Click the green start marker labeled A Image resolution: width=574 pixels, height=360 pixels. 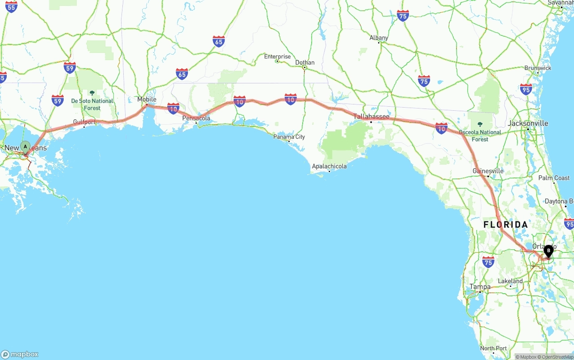(x=26, y=147)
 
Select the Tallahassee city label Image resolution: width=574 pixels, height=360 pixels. (x=371, y=117)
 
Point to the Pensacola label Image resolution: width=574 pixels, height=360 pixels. (x=196, y=118)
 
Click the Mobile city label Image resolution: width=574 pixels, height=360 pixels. (x=147, y=100)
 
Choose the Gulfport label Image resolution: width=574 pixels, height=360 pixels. (x=84, y=122)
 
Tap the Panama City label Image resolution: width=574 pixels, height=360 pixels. (x=289, y=137)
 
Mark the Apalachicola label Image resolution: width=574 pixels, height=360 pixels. (x=329, y=166)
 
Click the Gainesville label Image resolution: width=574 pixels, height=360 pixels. (x=488, y=171)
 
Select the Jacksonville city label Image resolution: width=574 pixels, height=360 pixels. (x=528, y=123)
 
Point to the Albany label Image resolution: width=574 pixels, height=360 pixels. (x=379, y=38)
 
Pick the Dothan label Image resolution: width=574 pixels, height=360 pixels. (x=305, y=62)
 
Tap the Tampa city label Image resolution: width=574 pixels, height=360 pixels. (x=480, y=287)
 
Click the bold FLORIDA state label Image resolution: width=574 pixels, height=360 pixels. (x=505, y=225)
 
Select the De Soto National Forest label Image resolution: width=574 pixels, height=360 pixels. (x=92, y=104)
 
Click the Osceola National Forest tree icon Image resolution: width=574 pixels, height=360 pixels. (x=480, y=124)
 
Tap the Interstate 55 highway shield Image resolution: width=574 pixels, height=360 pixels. (x=11, y=6)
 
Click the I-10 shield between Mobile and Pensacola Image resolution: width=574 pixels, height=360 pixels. (x=174, y=108)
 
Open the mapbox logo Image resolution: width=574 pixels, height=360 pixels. (x=20, y=354)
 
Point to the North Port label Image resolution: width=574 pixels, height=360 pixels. (x=493, y=348)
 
